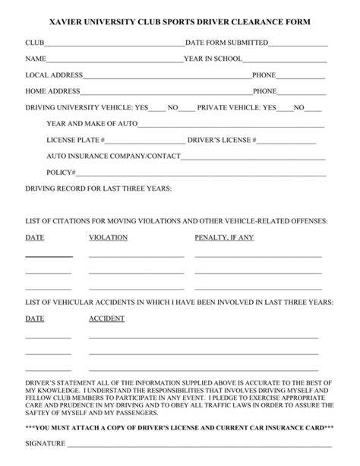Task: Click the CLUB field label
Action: tap(34, 43)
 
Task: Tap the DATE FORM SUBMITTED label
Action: tap(227, 43)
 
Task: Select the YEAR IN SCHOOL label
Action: tap(213, 59)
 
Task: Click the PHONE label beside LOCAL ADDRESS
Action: tap(264, 75)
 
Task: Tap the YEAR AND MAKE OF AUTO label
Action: tap(91, 124)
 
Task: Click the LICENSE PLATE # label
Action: tap(75, 141)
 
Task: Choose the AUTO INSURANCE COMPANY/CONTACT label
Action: tap(113, 157)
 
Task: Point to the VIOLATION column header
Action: tap(108, 237)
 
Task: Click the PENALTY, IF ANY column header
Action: tap(224, 237)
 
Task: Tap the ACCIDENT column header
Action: tap(107, 319)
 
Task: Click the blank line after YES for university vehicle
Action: tap(157, 108)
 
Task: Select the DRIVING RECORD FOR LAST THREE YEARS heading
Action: tap(99, 189)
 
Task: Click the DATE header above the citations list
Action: tap(35, 237)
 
